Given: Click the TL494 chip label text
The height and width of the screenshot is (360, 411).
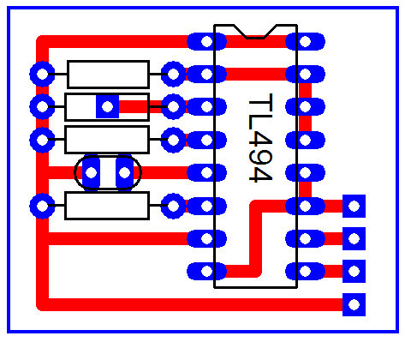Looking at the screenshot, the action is (260, 138).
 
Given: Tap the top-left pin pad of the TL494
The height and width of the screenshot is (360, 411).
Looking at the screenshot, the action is (206, 41).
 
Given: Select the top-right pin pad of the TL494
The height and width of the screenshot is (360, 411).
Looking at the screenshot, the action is (305, 41).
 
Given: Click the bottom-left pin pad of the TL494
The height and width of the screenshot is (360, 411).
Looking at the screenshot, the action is (206, 271).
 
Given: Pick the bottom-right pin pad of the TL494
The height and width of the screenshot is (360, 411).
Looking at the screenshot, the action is (305, 271).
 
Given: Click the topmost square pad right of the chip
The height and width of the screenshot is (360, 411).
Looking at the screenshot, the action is (354, 206).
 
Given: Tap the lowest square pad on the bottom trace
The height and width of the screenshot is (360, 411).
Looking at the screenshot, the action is (354, 304).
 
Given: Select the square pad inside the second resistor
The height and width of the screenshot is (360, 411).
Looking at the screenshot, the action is (107, 106).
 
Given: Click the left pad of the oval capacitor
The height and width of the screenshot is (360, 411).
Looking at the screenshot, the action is (91, 172).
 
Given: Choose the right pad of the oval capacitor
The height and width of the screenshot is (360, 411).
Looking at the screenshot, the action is (124, 172).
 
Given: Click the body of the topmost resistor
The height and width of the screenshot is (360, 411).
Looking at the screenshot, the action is (108, 75).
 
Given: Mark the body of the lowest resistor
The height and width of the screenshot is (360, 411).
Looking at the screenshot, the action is (107, 206).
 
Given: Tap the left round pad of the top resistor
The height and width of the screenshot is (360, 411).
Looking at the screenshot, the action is (42, 75).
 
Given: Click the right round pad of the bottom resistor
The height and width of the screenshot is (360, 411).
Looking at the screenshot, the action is (173, 206).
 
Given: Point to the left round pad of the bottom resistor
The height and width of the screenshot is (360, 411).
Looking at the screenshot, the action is (42, 206).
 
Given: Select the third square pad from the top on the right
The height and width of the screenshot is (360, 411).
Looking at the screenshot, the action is (354, 271).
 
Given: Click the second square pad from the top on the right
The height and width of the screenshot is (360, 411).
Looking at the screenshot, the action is (354, 238).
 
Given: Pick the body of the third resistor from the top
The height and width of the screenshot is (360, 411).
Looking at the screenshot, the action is (107, 140).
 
